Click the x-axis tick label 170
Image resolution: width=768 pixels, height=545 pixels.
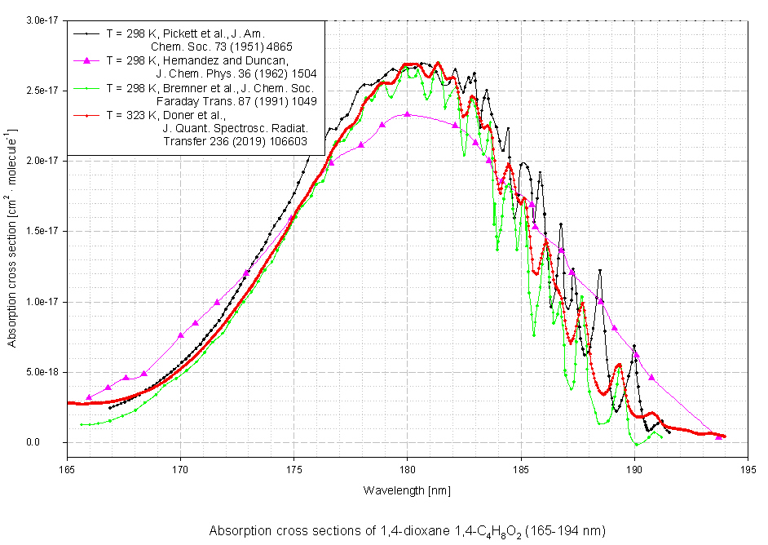[180, 470]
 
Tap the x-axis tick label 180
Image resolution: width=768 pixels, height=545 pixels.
[408, 470]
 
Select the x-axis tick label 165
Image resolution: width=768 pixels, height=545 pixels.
[67, 470]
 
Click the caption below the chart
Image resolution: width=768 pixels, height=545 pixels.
[407, 530]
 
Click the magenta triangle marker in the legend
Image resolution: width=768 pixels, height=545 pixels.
[85, 61]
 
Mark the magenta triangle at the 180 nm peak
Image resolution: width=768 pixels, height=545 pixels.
[408, 115]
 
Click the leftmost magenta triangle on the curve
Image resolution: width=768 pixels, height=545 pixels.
[89, 397]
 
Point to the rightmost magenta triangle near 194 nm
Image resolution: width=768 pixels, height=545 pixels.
[718, 436]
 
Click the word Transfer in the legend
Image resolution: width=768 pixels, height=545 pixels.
[186, 141]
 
